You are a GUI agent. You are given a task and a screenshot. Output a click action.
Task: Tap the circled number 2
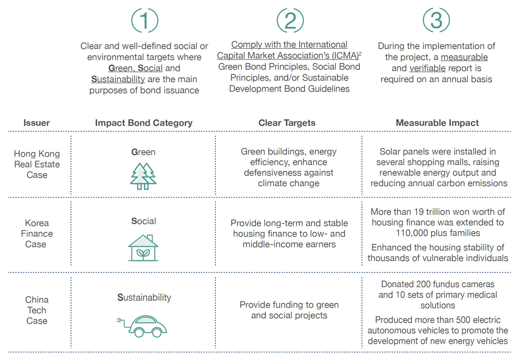(x=290, y=21)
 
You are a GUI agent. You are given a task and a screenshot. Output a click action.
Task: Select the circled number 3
(x=437, y=20)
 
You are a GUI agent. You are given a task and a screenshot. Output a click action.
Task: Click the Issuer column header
(x=37, y=123)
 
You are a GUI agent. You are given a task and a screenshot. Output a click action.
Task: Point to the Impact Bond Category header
(x=143, y=123)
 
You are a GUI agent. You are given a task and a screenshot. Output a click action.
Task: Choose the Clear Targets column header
(x=287, y=123)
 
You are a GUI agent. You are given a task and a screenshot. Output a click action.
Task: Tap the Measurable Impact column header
(x=438, y=123)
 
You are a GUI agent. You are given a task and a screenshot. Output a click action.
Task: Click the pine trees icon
(x=143, y=176)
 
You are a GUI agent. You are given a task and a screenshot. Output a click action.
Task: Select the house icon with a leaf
(x=143, y=248)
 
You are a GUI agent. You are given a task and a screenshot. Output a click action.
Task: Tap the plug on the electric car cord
(x=119, y=320)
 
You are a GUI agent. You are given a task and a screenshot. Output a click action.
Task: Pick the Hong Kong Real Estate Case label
(x=37, y=164)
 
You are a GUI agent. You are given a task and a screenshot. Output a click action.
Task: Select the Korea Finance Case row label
(x=37, y=234)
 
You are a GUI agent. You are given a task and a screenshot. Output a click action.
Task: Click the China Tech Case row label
(x=37, y=310)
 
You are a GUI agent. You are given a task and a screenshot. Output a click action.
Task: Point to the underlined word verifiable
(x=427, y=68)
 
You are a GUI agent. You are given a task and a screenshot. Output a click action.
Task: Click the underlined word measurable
(x=464, y=57)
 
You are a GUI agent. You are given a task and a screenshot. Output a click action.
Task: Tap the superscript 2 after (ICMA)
(x=360, y=53)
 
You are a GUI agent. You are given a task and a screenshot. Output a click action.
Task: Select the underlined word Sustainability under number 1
(x=118, y=79)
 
